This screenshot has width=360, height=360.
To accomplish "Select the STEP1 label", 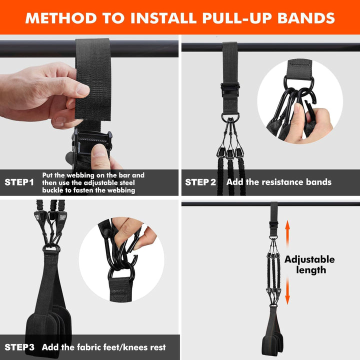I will [19, 182].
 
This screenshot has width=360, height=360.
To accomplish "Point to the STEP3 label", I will [20, 347].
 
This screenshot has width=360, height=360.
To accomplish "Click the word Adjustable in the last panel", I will [309, 259].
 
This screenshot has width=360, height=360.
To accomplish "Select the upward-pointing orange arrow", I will [287, 232].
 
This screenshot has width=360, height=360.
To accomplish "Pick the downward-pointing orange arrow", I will [287, 295].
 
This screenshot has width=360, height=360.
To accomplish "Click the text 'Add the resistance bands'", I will [278, 182].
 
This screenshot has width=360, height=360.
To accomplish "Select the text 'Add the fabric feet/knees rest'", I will [103, 347].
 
